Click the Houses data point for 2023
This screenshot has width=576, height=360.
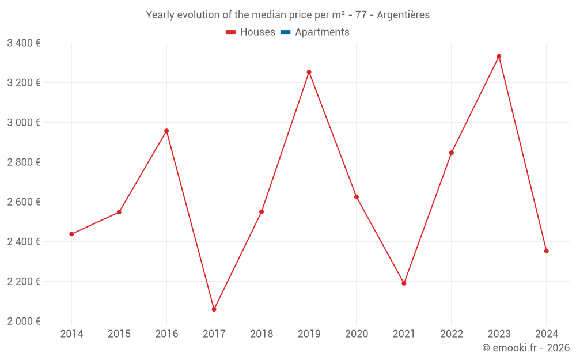point(499,56)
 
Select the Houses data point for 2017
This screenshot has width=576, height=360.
point(214,309)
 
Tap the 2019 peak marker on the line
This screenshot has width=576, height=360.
point(309,72)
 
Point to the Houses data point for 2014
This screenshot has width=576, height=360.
point(71,234)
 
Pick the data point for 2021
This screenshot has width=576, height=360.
point(404,283)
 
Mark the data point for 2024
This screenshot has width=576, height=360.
point(546,251)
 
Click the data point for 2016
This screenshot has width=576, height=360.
point(166,131)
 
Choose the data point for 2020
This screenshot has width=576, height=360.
point(357,197)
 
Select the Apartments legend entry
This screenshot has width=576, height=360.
point(322,32)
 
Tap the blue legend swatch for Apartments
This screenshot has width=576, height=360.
point(285,32)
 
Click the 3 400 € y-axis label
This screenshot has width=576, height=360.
point(24,43)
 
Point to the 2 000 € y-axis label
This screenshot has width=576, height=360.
point(24,321)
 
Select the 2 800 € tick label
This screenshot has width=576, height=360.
point(24,162)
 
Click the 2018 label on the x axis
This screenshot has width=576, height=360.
point(262,334)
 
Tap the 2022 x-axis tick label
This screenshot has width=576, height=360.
point(452,334)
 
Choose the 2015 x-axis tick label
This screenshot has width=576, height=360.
point(119,334)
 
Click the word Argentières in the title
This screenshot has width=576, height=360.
point(403,15)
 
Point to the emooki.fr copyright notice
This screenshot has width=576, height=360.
point(525,348)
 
